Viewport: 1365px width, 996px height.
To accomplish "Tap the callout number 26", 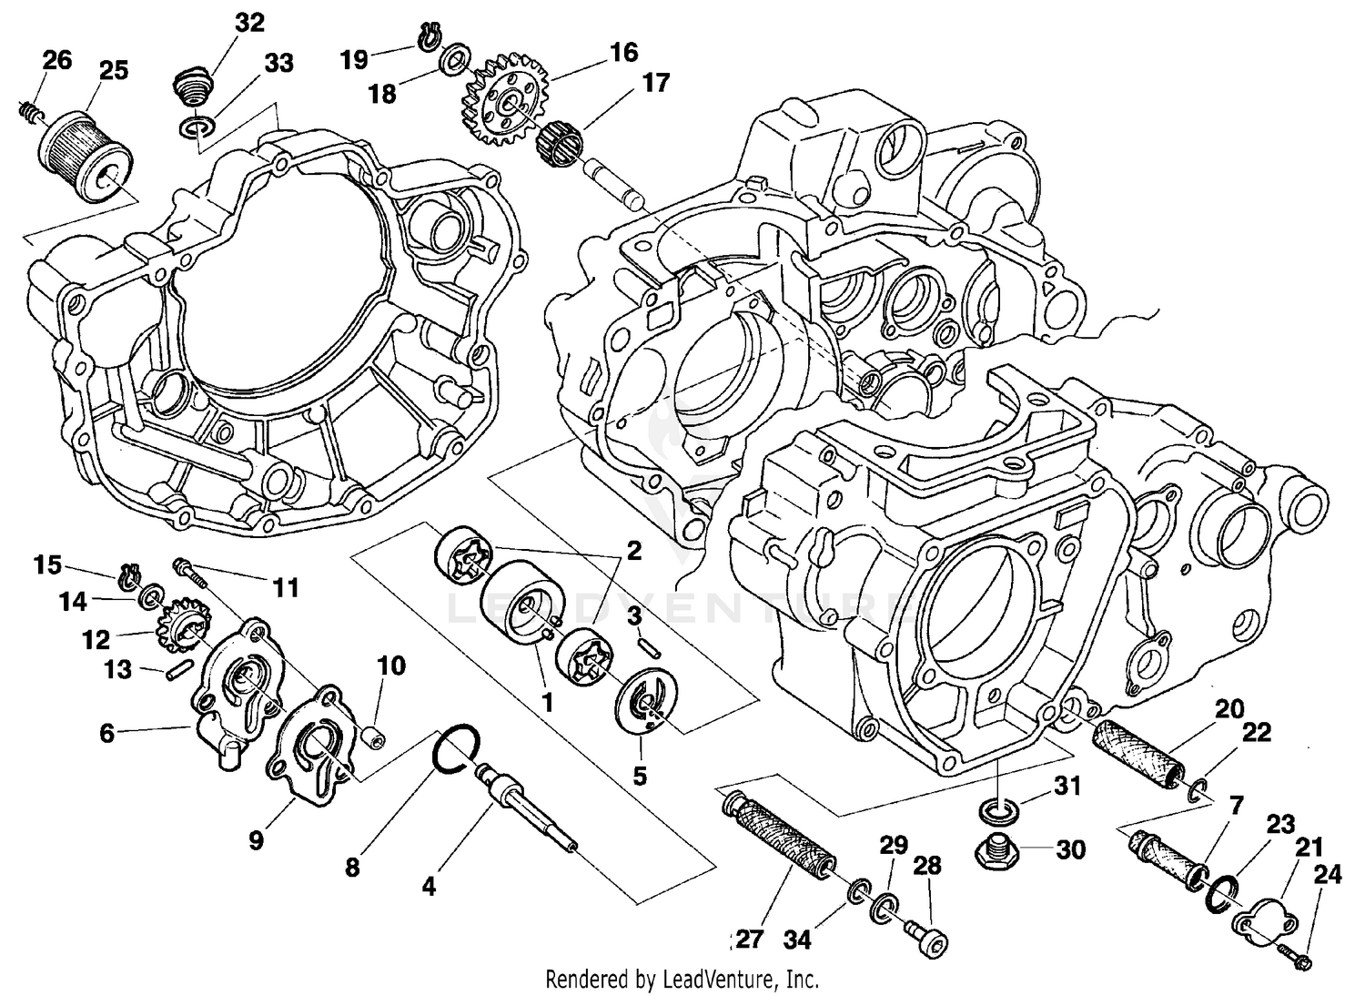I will tap(56, 61).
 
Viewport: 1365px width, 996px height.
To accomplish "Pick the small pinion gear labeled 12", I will tap(177, 622).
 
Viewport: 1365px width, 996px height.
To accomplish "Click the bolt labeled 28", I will tap(925, 937).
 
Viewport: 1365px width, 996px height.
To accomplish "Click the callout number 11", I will tap(286, 589).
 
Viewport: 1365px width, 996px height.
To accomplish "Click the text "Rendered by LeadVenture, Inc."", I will tap(682, 980).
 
